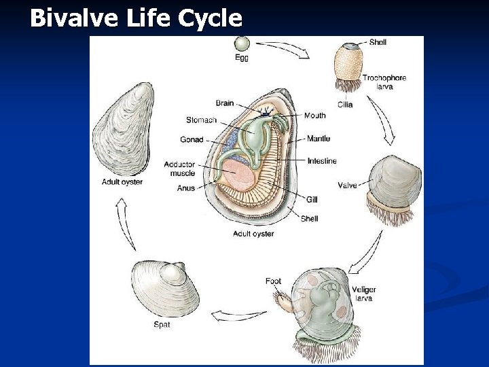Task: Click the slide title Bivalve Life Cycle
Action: (x=136, y=18)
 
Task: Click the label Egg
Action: (x=242, y=58)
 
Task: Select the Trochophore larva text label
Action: (x=384, y=82)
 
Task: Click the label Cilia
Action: (x=345, y=105)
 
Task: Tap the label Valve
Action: (x=347, y=185)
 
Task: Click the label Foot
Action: (x=273, y=281)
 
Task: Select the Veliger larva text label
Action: (x=364, y=294)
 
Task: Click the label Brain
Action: (x=225, y=103)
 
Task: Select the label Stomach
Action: (x=201, y=120)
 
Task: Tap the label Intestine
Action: (x=321, y=161)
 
